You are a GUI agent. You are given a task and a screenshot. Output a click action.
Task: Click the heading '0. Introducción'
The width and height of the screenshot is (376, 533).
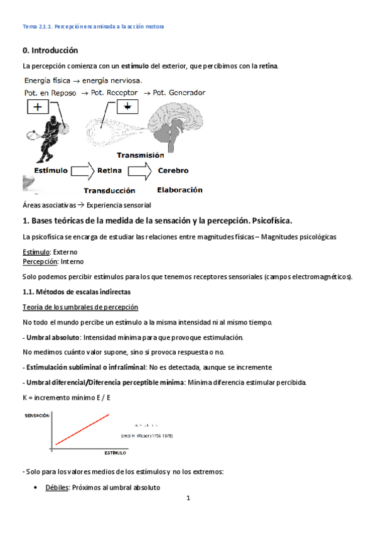(x=50, y=50)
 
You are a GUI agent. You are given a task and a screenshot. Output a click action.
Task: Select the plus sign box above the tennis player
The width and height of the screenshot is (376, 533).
(x=38, y=107)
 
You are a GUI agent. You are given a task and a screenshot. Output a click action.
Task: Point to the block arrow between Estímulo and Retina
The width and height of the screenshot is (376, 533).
(x=82, y=170)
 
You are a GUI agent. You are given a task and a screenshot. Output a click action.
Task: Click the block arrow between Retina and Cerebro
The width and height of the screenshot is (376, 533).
(x=140, y=170)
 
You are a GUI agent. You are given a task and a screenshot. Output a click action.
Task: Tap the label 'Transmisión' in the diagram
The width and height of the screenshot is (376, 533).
(x=140, y=155)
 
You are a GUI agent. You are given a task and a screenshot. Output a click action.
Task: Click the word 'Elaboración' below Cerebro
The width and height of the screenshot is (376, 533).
(x=180, y=189)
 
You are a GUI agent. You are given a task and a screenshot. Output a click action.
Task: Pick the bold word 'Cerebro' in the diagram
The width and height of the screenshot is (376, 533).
(x=173, y=170)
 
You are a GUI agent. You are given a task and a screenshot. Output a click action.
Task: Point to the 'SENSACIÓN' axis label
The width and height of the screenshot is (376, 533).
(x=37, y=416)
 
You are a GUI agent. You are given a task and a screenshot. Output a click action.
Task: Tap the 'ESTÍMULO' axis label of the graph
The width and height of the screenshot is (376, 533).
(x=115, y=452)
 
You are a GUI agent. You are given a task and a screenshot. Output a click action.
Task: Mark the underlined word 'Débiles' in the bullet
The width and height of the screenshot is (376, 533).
(x=56, y=487)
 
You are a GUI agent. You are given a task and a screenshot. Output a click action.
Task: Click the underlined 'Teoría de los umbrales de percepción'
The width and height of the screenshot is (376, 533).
(x=80, y=307)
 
